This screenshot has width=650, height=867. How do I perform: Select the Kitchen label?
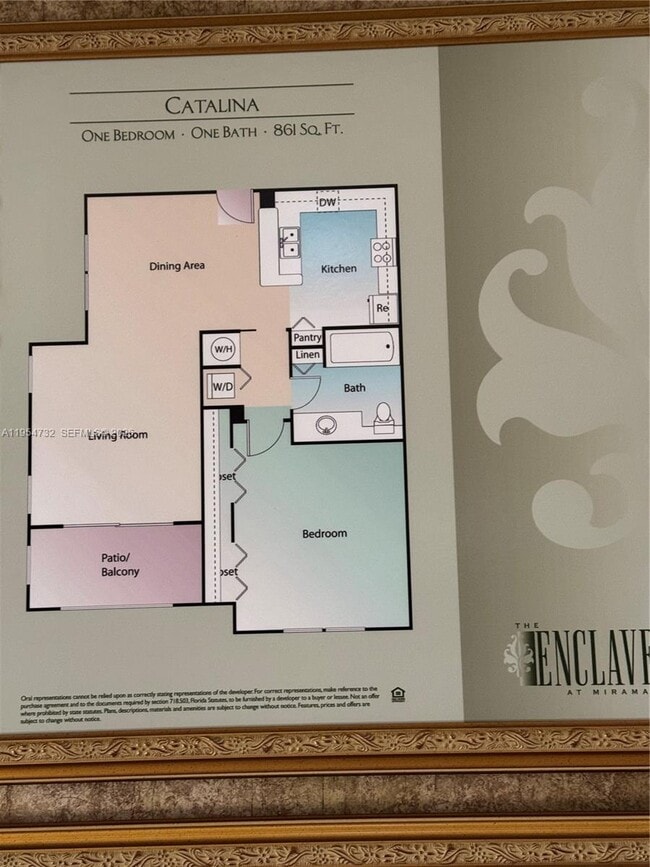(338, 269)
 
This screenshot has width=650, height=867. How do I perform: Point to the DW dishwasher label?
(327, 202)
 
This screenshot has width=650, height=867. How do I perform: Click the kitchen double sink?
(290, 242)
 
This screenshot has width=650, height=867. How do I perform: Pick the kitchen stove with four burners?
(383, 252)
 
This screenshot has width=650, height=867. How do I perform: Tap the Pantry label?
(307, 338)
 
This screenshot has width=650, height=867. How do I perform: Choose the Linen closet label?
(307, 355)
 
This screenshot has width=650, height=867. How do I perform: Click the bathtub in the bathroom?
(361, 348)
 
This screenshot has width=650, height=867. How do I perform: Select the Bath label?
(354, 388)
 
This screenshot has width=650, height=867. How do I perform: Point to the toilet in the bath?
(383, 417)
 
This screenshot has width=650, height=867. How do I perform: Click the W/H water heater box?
(221, 350)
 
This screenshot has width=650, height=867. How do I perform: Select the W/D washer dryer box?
(220, 384)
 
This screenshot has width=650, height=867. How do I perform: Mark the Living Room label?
(119, 435)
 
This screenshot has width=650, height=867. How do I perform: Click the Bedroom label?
(324, 534)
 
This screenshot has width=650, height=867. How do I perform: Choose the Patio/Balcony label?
(120, 565)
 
